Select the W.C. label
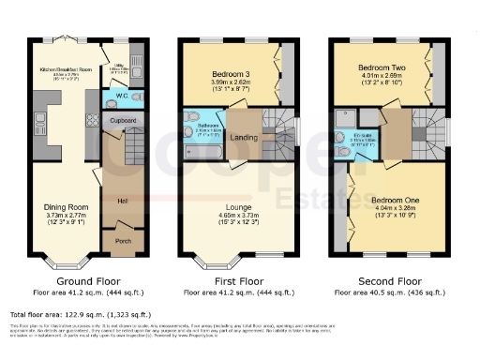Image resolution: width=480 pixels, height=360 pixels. [x=122, y=97]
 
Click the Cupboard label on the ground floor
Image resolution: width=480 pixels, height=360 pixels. [x=123, y=121]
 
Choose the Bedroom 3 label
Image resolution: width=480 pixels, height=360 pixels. [x=229, y=73]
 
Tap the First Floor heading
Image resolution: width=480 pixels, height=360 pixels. [x=237, y=279]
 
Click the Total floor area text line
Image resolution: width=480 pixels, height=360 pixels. [x=80, y=315]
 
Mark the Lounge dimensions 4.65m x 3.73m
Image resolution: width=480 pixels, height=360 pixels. [x=237, y=215]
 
